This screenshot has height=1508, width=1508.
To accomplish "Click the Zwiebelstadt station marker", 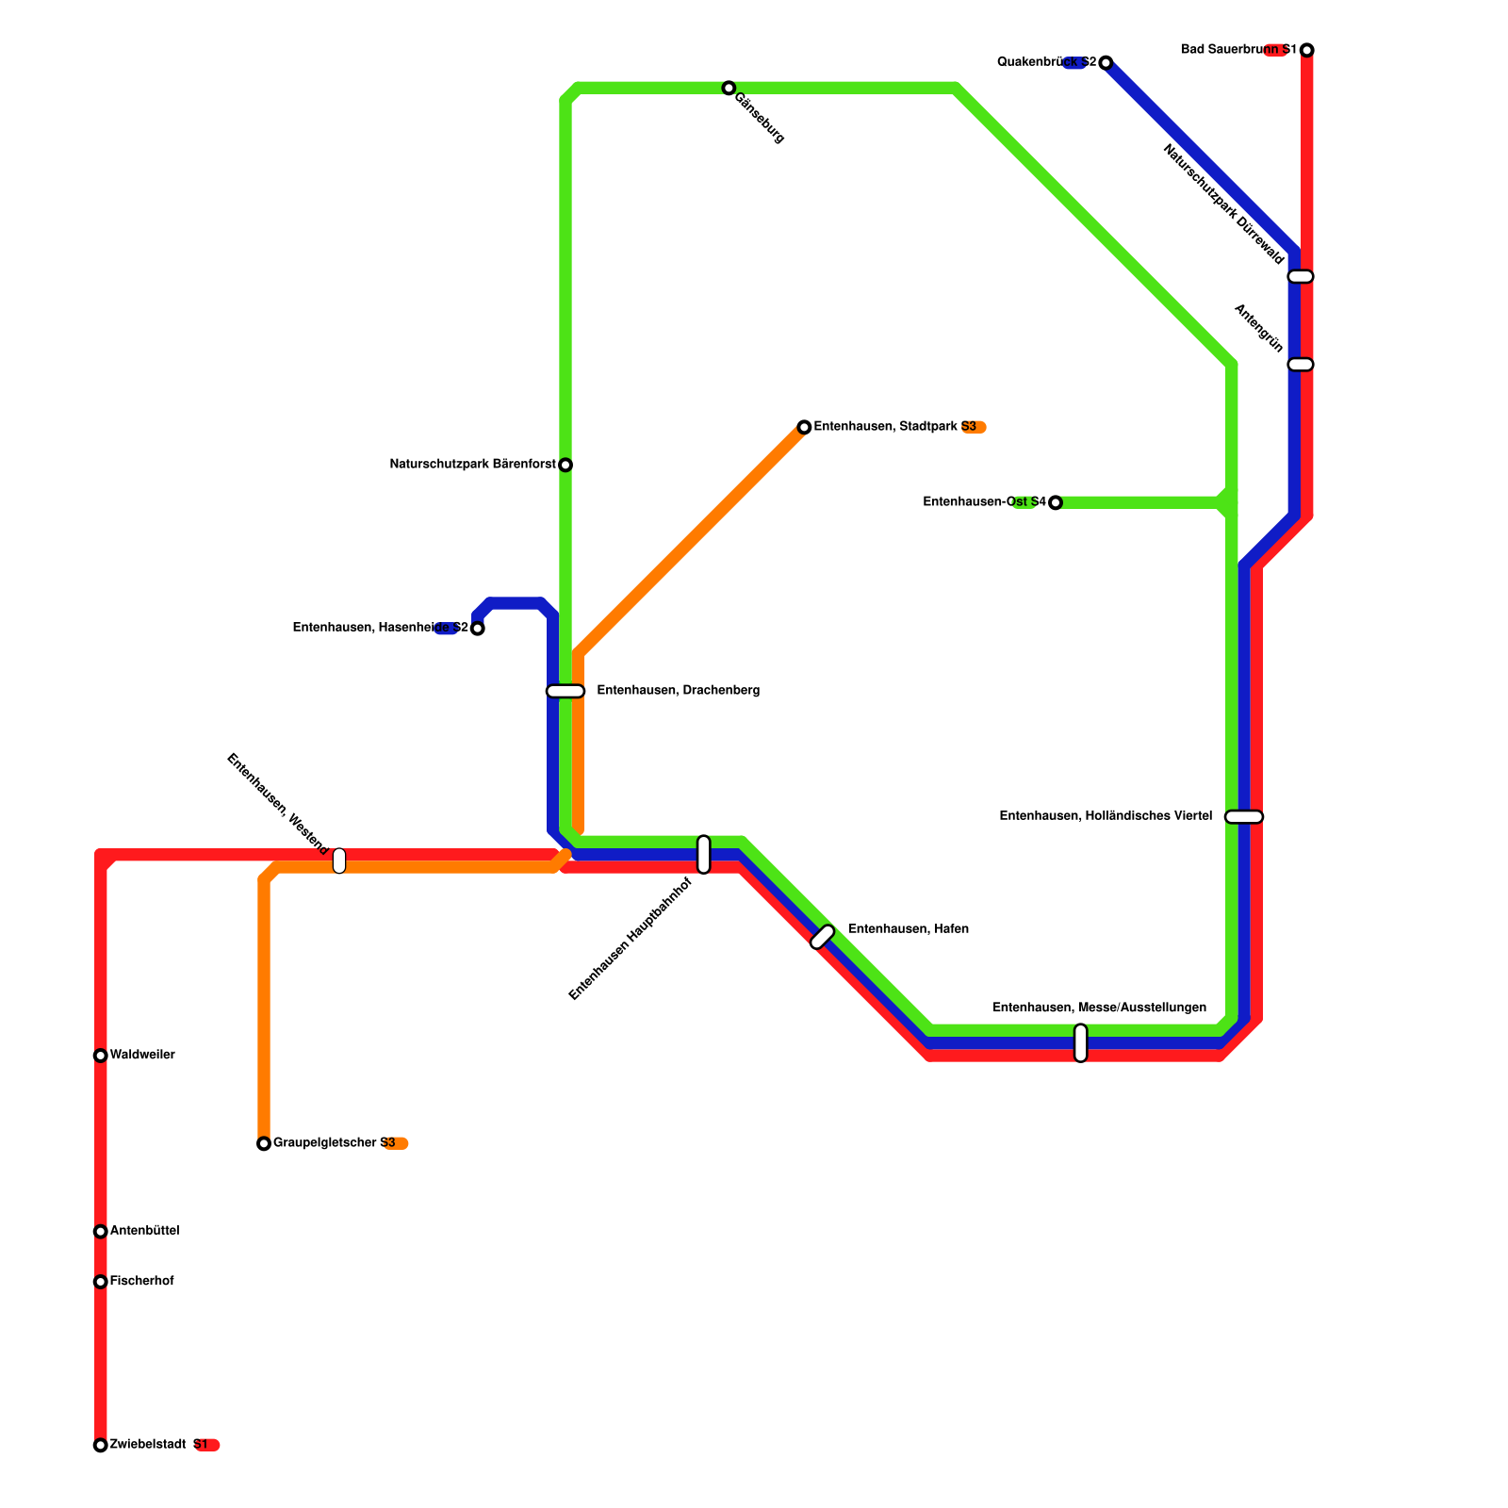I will tap(101, 1445).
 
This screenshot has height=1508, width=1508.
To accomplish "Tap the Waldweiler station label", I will tap(142, 1055).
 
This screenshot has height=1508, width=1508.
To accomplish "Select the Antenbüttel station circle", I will tap(101, 1232).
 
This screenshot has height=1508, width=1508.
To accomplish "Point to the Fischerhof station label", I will tap(142, 1281).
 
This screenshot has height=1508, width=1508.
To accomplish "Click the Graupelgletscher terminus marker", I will tap(264, 1144).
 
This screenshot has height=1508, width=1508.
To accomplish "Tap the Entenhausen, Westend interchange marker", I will tap(339, 861).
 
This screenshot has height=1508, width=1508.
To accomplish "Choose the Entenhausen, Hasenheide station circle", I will tap(478, 629).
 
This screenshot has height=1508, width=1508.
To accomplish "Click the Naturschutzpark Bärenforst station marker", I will tap(565, 465).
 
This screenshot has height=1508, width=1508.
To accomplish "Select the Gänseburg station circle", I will tap(729, 88).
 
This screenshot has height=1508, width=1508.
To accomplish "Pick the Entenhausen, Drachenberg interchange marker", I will tap(565, 691).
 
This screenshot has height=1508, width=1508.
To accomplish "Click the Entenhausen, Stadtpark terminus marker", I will tap(804, 428).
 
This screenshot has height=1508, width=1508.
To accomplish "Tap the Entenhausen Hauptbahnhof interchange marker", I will tap(704, 854).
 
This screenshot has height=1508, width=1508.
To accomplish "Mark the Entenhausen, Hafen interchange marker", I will tap(823, 937).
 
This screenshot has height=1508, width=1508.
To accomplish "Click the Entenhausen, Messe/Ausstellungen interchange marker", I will tap(1081, 1042).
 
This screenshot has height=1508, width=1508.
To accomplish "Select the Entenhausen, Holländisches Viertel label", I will tap(1106, 816).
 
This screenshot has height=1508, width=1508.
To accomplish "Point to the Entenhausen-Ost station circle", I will tap(1056, 503).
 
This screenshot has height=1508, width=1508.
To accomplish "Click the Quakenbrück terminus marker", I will tap(1106, 63).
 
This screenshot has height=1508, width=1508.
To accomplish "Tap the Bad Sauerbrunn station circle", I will tap(1307, 50).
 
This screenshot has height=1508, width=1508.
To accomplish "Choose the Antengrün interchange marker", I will tap(1301, 365).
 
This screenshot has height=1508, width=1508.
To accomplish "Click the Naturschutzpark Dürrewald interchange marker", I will tap(1301, 276).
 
